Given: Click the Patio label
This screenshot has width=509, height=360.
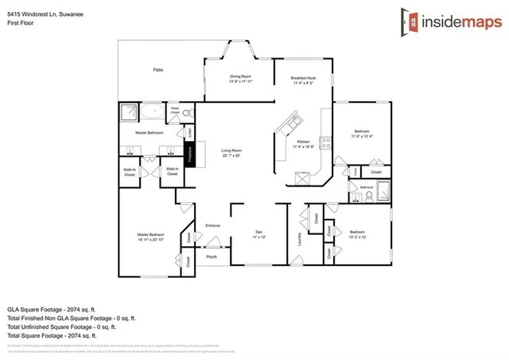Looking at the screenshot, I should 157,71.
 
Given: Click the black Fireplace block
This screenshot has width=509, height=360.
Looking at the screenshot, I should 190,153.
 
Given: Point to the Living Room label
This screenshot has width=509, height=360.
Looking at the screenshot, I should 231,153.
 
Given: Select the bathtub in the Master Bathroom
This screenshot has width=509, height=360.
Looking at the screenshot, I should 151,112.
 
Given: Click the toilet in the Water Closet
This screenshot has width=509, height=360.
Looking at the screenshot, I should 188,115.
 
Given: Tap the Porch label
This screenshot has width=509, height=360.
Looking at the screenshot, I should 212,256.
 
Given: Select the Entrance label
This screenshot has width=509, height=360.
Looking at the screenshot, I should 212,225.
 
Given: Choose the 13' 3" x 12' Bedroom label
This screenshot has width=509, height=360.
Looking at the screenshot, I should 358,234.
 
